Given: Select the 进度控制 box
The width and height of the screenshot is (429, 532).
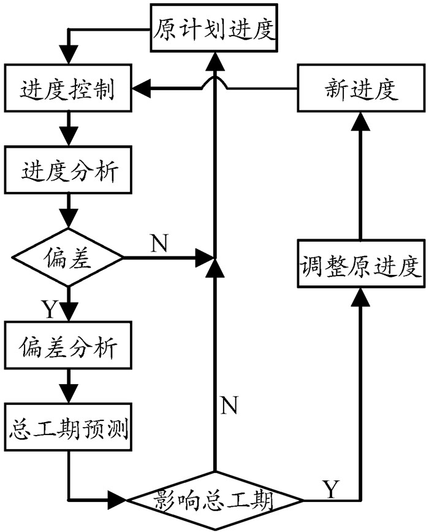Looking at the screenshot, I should (68, 91).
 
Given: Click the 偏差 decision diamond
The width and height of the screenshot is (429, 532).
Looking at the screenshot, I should (68, 258).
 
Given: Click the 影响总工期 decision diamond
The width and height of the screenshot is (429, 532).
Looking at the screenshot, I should (214, 500).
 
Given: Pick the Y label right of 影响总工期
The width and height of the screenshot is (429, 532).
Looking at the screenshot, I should (330, 489).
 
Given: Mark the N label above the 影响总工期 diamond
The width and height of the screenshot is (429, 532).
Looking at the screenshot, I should (229, 405).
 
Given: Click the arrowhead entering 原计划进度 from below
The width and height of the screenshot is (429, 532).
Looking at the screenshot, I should (214, 59).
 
